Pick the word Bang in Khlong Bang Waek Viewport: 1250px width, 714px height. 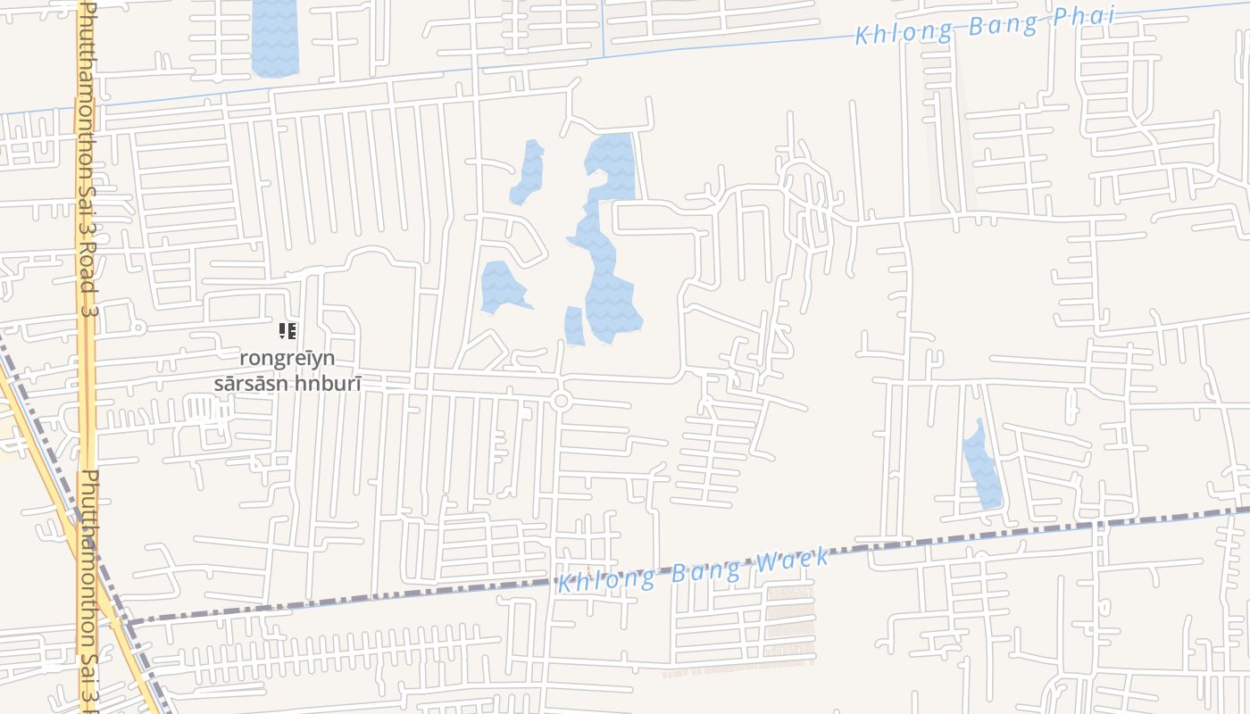click(x=705, y=570)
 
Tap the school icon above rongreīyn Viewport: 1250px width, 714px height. click(x=287, y=332)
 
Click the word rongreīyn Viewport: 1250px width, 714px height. click(x=287, y=358)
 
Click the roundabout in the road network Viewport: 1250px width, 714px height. click(x=561, y=401)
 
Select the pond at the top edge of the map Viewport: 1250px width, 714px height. click(x=275, y=37)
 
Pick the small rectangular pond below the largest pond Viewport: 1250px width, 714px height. click(x=574, y=326)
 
